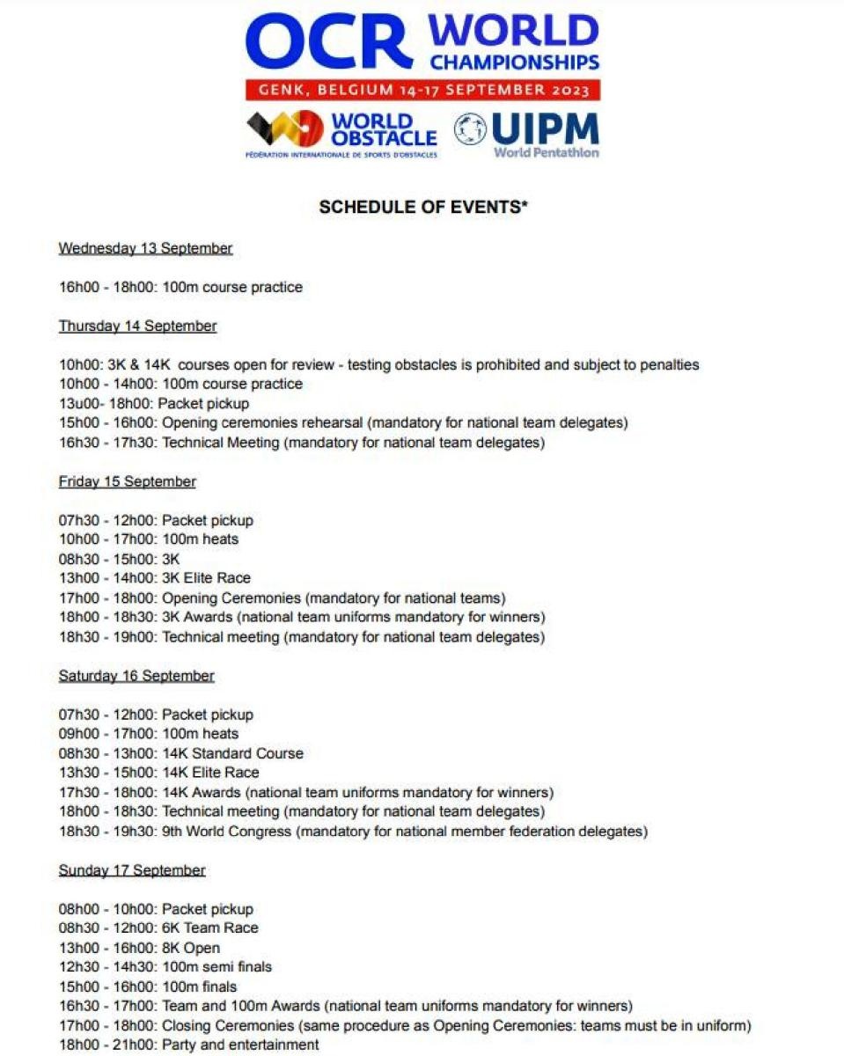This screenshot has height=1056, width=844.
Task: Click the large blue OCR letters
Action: point(330,42)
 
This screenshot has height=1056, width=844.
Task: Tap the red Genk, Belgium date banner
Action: point(423,90)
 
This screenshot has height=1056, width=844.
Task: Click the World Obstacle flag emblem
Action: point(284,129)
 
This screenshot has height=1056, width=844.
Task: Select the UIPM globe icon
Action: point(470,129)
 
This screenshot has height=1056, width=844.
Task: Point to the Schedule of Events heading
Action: point(422,208)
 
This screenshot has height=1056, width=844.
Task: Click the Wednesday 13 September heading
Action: point(145,249)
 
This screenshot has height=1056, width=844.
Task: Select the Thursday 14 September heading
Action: point(137,326)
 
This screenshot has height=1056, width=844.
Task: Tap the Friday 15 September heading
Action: point(127,482)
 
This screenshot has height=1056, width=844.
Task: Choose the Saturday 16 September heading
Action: point(136,677)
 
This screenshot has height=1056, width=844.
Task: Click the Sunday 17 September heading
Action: point(132,870)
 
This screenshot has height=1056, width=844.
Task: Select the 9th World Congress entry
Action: point(352,832)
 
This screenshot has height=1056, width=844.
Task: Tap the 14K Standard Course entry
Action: point(180,753)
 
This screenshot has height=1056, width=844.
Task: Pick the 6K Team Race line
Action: point(158,928)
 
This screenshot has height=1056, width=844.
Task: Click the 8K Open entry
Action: point(139,948)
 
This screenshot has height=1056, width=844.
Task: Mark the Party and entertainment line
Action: point(188,1045)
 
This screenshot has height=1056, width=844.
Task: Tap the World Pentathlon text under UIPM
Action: point(546,152)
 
